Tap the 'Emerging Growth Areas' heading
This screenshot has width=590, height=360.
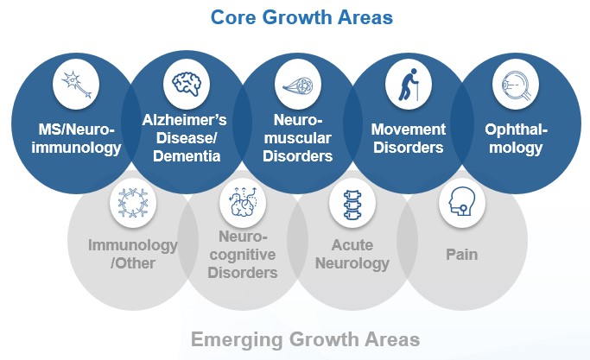click(305, 338)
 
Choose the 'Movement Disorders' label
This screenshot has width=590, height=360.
click(409, 138)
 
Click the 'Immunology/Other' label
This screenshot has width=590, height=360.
click(133, 253)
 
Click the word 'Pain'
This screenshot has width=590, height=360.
click(462, 255)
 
